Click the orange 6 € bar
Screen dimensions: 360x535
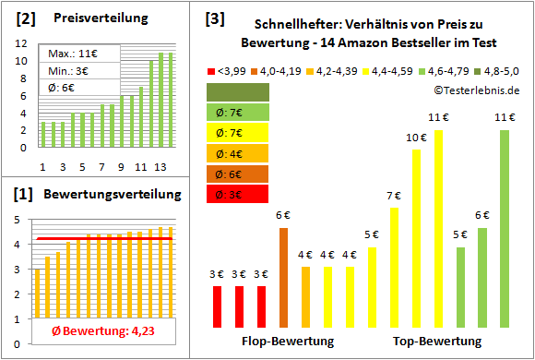tap(283, 277)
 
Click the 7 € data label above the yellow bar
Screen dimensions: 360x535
tap(394, 196)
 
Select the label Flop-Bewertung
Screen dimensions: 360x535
tap(287, 342)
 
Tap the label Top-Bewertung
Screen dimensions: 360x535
tap(438, 342)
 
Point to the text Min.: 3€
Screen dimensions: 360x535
tap(68, 71)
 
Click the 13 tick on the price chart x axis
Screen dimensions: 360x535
tap(160, 167)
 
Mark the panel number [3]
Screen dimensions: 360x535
tap(214, 18)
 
